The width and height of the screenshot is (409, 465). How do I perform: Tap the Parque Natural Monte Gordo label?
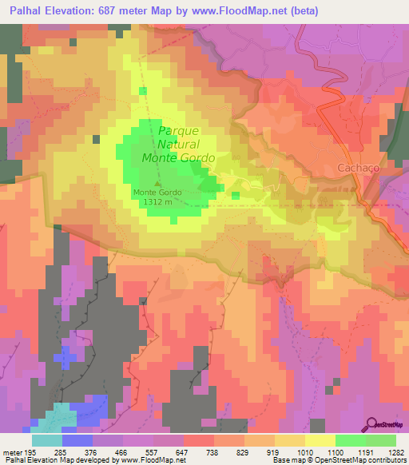178,145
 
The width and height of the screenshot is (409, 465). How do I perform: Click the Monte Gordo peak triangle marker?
157,184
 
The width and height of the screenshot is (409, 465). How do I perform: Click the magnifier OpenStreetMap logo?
371,424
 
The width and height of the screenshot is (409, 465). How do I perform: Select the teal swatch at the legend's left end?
47,439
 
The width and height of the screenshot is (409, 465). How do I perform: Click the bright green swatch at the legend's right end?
380,439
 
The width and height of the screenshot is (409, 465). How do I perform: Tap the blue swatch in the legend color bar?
77,439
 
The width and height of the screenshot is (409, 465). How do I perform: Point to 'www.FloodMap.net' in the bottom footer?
151,461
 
